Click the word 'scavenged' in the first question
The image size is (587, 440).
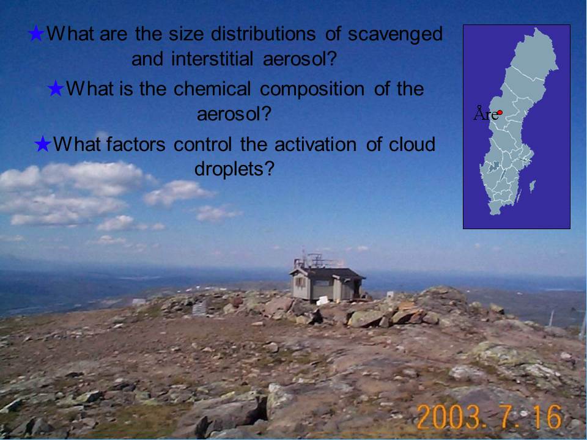click(x=396, y=34)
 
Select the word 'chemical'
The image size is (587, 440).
click(x=212, y=89)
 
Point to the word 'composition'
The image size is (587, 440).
click(x=312, y=90)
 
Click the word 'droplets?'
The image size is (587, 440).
click(x=234, y=169)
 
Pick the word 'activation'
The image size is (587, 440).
click(x=316, y=144)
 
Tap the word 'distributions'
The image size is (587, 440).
click(x=264, y=34)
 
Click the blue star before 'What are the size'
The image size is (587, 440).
click(x=36, y=34)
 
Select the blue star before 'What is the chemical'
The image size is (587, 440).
click(x=56, y=89)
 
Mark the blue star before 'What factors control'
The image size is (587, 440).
click(x=43, y=144)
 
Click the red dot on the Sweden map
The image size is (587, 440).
click(x=500, y=112)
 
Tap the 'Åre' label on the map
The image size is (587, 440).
click(x=485, y=113)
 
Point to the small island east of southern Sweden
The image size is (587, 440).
click(x=533, y=186)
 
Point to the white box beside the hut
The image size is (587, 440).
click(x=322, y=300)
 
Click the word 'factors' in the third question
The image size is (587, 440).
click(x=136, y=144)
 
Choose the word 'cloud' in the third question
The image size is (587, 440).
click(x=412, y=144)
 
